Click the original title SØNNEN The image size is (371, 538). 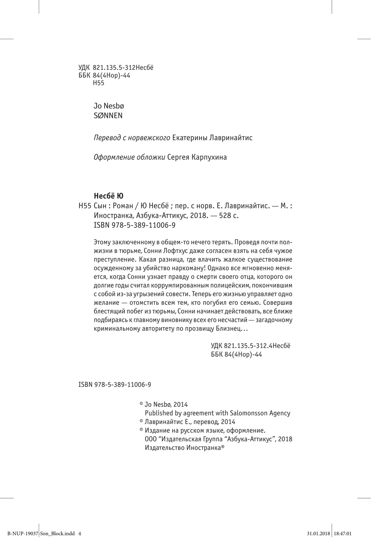108,116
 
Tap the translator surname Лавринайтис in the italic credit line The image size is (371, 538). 231,138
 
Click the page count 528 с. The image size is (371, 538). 229,215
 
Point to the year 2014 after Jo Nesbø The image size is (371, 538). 181,404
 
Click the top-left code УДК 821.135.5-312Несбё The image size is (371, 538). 116,68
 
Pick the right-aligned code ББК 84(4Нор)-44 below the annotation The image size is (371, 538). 236,354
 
